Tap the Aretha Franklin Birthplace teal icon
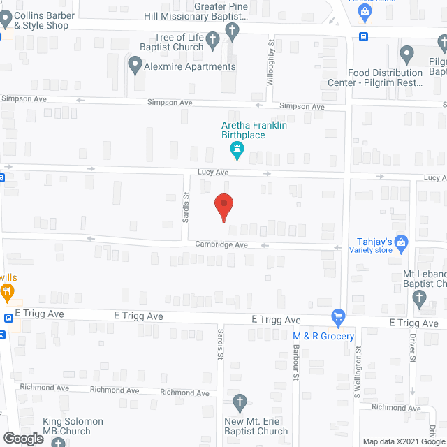236,149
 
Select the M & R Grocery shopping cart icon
339,317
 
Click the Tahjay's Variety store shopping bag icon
401,243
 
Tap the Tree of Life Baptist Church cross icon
232,30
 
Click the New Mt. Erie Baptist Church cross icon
240,402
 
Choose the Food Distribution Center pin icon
407,54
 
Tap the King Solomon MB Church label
73,426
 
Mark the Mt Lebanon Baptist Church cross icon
420,299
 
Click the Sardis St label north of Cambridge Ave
186,207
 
